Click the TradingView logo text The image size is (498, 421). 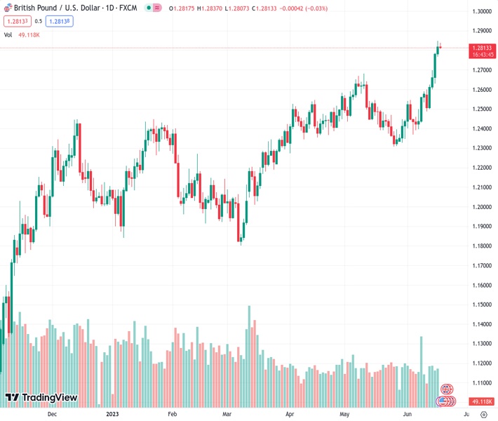click(x=49, y=398)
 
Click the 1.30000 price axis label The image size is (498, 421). click(x=481, y=11)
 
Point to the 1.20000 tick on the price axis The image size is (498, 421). click(x=481, y=207)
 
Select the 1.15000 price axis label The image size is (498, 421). click(x=481, y=305)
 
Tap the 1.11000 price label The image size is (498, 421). click(x=481, y=383)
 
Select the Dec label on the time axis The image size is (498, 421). click(x=52, y=415)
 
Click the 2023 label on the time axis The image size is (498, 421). click(x=112, y=415)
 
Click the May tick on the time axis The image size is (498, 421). click(x=344, y=415)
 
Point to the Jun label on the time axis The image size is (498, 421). click(x=408, y=415)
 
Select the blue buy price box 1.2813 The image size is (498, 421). click(x=60, y=21)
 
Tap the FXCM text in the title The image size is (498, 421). click(x=128, y=8)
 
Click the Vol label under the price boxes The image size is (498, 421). click(x=8, y=34)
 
